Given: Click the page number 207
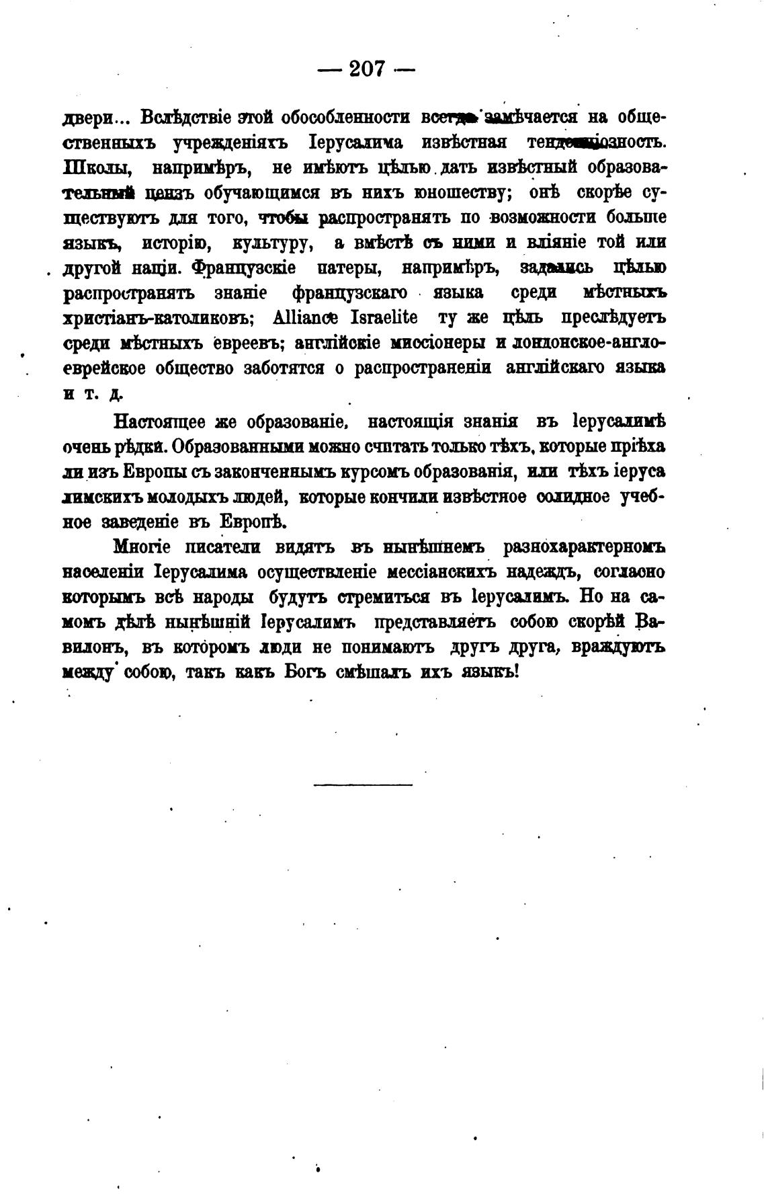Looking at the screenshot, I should pos(366,69).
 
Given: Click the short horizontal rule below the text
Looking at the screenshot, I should pos(363,784).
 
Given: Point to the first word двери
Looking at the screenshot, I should pos(88,118).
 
